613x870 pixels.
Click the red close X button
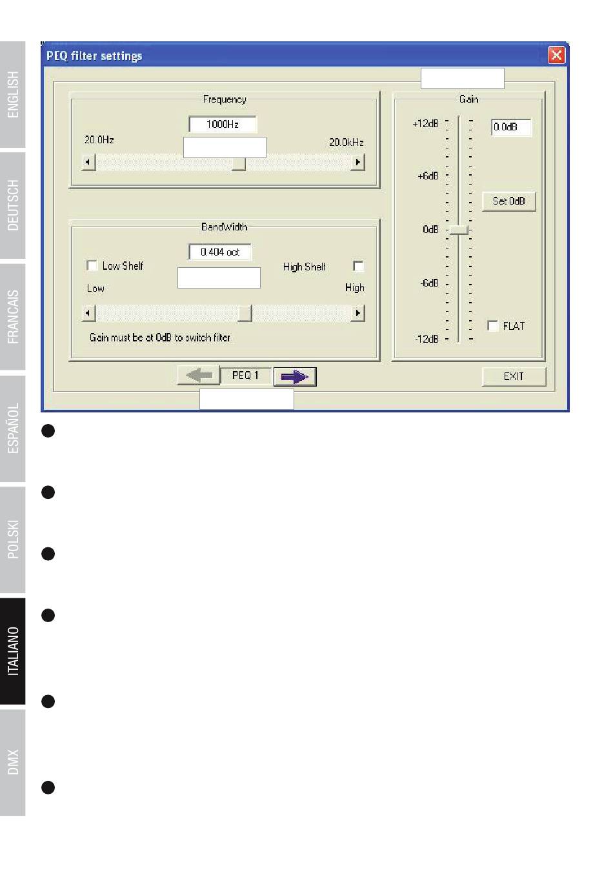pos(556,55)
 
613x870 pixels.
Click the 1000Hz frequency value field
pos(223,125)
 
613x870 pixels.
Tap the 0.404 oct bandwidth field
pos(220,252)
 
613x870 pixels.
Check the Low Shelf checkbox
pos(92,266)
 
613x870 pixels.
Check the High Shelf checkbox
pos(358,267)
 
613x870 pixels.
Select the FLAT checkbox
pos(492,326)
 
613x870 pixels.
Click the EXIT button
pos(514,376)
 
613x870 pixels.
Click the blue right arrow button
pos(295,376)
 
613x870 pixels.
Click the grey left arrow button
pos(199,375)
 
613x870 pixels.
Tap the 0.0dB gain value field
pos(511,127)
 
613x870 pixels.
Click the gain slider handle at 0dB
pos(459,230)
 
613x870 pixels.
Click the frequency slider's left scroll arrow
pos(88,162)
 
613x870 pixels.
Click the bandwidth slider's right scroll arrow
pos(357,313)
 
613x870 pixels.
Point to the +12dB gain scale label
pos(425,124)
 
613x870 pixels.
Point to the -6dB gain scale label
pos(429,283)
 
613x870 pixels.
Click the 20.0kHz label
pos(347,143)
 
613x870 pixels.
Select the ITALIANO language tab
pos(13,651)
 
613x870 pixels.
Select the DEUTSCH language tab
pos(13,205)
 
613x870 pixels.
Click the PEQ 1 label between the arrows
pos(245,375)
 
